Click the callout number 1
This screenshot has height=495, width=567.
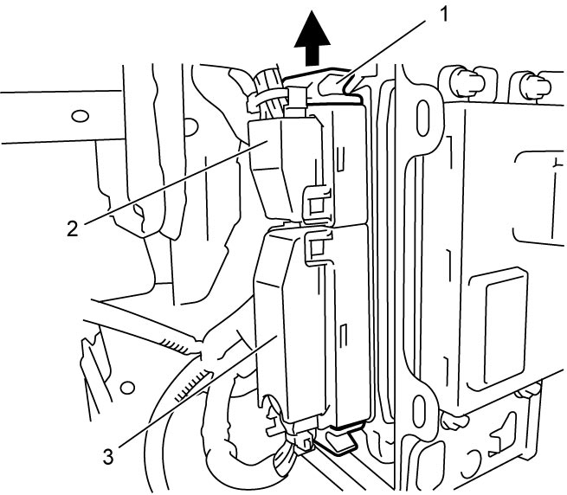[x=442, y=15]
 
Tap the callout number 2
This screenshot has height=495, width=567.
[x=73, y=228]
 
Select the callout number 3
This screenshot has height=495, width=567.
[x=108, y=456]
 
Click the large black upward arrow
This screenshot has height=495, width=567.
[x=312, y=39]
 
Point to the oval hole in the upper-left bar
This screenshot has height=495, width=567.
[x=80, y=116]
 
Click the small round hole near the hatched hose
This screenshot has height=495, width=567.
[x=126, y=389]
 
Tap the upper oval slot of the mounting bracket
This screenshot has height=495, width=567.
[x=422, y=119]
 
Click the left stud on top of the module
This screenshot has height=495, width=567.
[x=464, y=82]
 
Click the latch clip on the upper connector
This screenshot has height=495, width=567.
[x=317, y=203]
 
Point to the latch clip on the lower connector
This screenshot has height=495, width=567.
[x=319, y=247]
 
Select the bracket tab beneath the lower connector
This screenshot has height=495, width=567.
[x=340, y=440]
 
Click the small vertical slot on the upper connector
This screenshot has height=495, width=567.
[x=340, y=158]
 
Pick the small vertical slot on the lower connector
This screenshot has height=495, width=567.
[x=344, y=337]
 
